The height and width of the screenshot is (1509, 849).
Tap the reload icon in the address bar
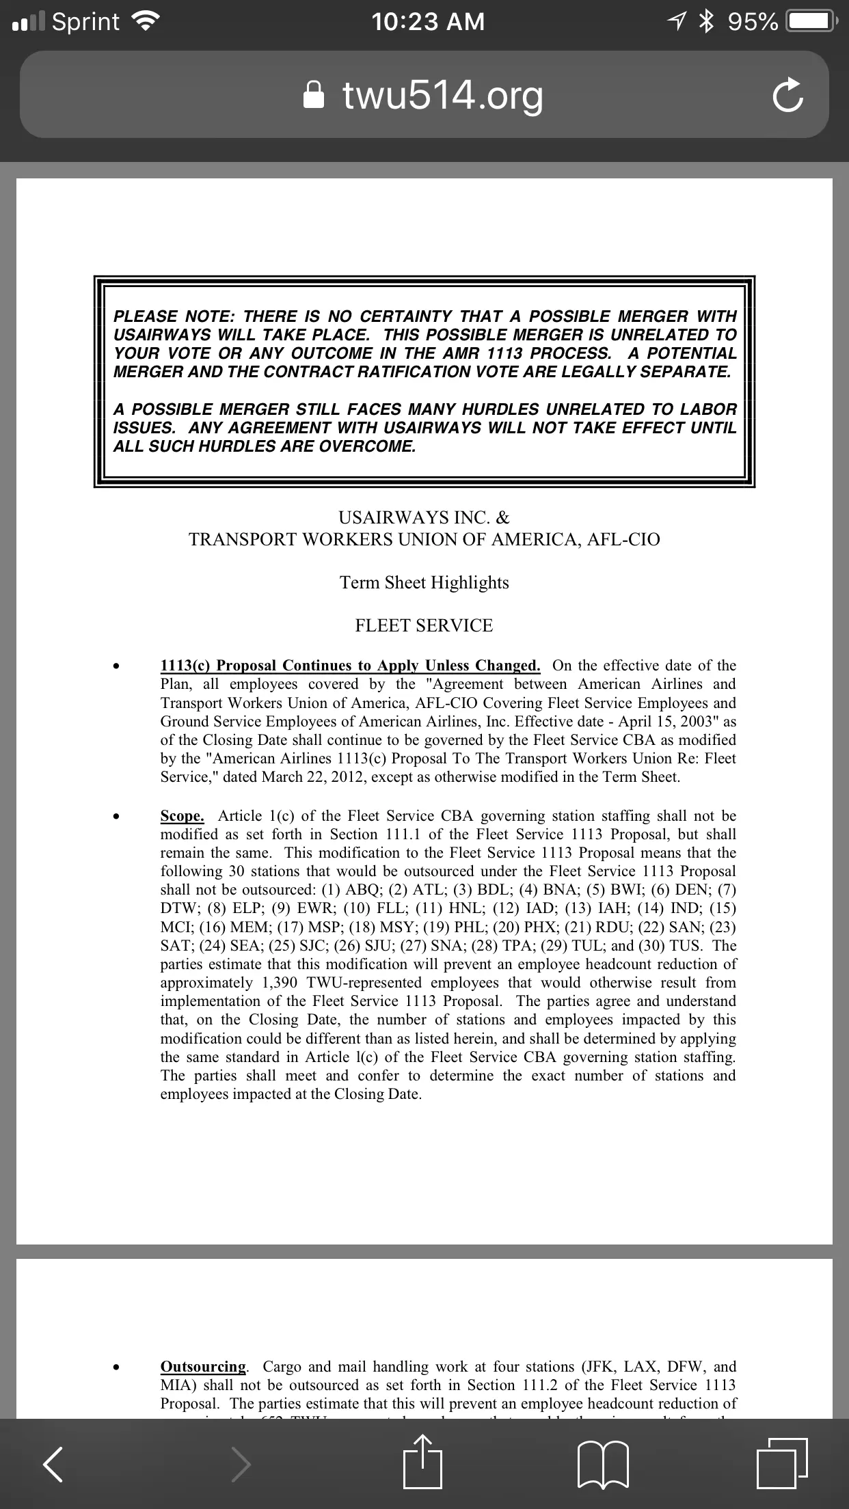[787, 96]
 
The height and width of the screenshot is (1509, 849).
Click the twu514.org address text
[443, 96]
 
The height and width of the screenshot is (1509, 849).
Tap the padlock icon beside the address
[314, 96]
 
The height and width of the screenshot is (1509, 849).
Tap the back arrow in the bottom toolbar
[53, 1464]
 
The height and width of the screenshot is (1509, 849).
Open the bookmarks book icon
[603, 1464]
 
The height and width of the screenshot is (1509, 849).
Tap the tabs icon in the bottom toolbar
[781, 1464]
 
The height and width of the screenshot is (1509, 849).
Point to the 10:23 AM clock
[428, 22]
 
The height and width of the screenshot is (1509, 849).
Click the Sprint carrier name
[85, 22]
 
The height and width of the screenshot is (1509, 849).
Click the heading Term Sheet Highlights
[424, 582]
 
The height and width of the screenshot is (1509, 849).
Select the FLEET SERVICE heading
[424, 625]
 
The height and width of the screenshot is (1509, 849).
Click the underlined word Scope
[182, 816]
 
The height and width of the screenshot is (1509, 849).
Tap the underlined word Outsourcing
[203, 1366]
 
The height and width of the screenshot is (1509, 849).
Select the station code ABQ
[362, 890]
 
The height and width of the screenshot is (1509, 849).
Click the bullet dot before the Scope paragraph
[118, 817]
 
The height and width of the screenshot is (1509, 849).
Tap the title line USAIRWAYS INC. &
[424, 517]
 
